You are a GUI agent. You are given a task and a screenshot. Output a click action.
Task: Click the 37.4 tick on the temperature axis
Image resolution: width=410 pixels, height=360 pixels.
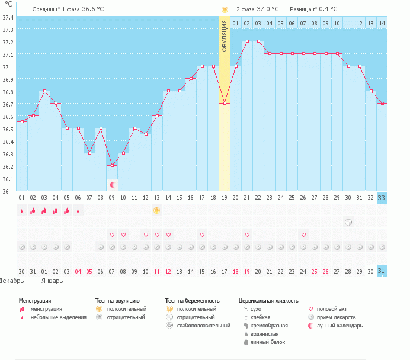(x=8, y=17)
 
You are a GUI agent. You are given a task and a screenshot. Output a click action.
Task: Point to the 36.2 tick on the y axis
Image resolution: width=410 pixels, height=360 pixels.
(x=8, y=166)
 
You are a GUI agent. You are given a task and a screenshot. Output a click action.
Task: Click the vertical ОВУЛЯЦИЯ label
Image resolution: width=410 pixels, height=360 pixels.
(x=225, y=36)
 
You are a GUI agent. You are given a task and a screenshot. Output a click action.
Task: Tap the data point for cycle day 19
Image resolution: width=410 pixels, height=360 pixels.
(x=225, y=103)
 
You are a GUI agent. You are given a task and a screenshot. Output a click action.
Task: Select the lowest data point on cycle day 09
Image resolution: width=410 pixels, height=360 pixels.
(x=112, y=165)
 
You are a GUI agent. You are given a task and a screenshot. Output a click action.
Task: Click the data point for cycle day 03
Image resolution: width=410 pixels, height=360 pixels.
(x=44, y=91)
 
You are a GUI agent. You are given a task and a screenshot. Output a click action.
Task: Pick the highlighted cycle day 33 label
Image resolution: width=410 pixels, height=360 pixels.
(x=382, y=198)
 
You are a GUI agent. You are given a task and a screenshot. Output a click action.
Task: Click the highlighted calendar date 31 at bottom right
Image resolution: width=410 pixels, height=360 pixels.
(x=382, y=271)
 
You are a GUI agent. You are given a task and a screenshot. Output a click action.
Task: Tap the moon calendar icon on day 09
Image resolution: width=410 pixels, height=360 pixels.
(x=112, y=185)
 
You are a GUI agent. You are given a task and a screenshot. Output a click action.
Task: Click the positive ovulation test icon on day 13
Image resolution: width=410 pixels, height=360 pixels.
(x=157, y=210)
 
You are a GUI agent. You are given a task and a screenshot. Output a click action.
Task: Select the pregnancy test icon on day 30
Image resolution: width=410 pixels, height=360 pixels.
(x=348, y=222)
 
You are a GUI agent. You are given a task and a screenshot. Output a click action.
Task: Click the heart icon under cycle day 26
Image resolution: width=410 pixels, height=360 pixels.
(x=303, y=234)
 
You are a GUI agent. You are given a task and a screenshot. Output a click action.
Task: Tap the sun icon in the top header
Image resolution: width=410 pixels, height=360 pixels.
(x=225, y=9)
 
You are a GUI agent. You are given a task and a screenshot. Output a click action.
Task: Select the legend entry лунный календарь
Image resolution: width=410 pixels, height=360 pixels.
(x=340, y=326)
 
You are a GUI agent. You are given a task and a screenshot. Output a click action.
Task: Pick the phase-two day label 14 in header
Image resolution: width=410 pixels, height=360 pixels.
(x=382, y=23)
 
